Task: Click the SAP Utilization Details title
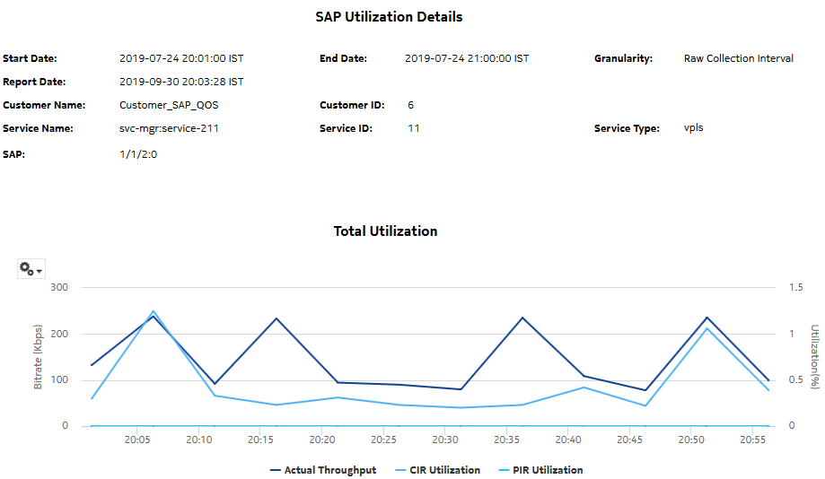(x=389, y=17)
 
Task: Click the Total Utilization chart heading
(x=385, y=231)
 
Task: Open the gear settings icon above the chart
(x=31, y=269)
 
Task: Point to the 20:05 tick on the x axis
(x=137, y=440)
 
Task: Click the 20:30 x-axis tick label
(x=446, y=440)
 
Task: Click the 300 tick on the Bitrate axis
(x=60, y=288)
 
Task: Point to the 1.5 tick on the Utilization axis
(x=795, y=288)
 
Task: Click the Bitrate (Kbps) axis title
(x=38, y=357)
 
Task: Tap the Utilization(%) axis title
(x=814, y=357)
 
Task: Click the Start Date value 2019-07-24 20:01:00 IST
(x=181, y=58)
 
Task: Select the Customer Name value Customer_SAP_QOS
(x=169, y=105)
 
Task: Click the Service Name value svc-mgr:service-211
(x=169, y=128)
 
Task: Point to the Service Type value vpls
(x=693, y=128)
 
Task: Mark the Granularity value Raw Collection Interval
(x=738, y=58)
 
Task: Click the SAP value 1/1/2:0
(x=138, y=154)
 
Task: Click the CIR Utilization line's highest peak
(x=153, y=311)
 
